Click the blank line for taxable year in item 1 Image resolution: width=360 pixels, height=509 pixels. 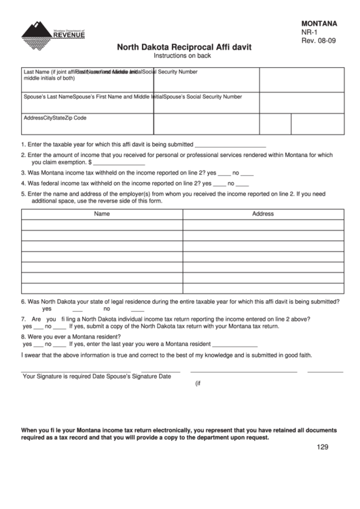pyautogui.click(x=230, y=145)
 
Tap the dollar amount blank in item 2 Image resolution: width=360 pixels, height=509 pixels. pyautogui.click(x=119, y=163)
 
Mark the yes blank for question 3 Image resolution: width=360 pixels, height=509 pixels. pyautogui.click(x=224, y=174)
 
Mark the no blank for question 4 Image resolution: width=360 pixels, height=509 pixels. pyautogui.click(x=242, y=184)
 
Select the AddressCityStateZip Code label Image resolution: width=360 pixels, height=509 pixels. pyautogui.click(x=55, y=118)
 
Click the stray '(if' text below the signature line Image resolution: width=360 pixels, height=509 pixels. pyautogui.click(x=199, y=383)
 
